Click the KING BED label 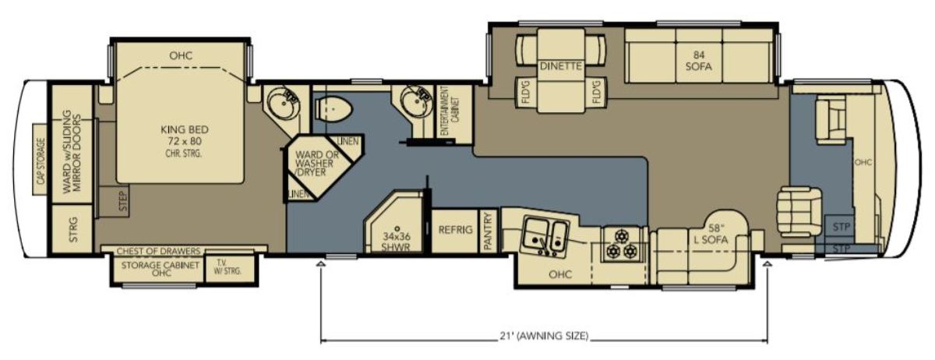pyautogui.click(x=185, y=130)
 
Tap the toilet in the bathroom pyautogui.click(x=333, y=109)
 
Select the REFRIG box pyautogui.click(x=455, y=230)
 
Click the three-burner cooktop pyautogui.click(x=622, y=245)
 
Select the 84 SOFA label pyautogui.click(x=698, y=61)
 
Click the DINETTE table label pyautogui.click(x=560, y=66)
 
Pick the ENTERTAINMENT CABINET pyautogui.click(x=454, y=112)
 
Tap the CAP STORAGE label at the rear pyautogui.click(x=40, y=161)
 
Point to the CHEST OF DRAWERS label pyautogui.click(x=159, y=251)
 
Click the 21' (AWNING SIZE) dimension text pyautogui.click(x=544, y=336)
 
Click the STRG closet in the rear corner pyautogui.click(x=72, y=229)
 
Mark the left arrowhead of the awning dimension pyautogui.click(x=321, y=264)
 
